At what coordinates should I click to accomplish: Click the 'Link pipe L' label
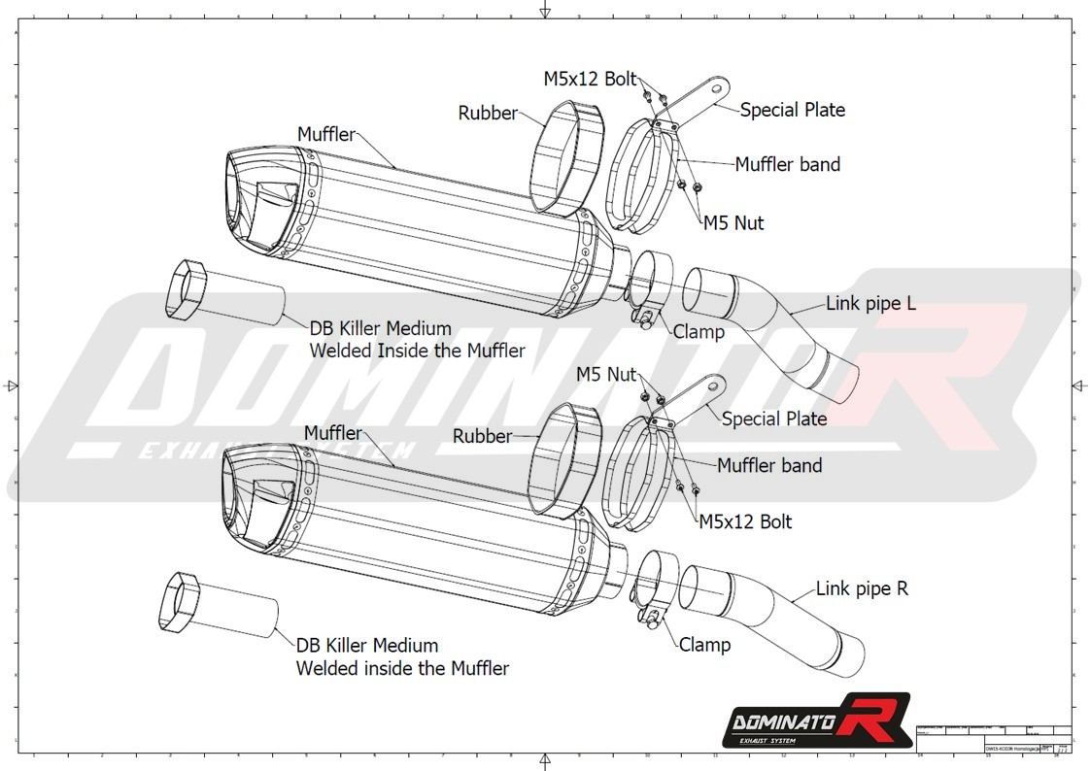(870, 304)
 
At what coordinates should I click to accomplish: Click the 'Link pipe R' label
(862, 588)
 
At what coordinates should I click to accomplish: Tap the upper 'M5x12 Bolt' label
(590, 79)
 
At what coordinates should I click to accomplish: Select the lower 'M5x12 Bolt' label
(745, 522)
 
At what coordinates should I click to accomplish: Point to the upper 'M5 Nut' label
(733, 223)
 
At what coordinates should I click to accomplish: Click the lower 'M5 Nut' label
(606, 374)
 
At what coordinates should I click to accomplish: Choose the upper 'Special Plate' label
(792, 110)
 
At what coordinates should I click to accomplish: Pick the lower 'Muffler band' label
(769, 466)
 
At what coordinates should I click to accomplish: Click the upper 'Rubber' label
(488, 114)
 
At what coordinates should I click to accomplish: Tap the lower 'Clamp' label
(704, 645)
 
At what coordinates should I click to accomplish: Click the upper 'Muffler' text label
(326, 134)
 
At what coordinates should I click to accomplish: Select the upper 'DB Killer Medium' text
(381, 328)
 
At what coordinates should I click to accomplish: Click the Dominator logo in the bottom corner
(816, 721)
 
